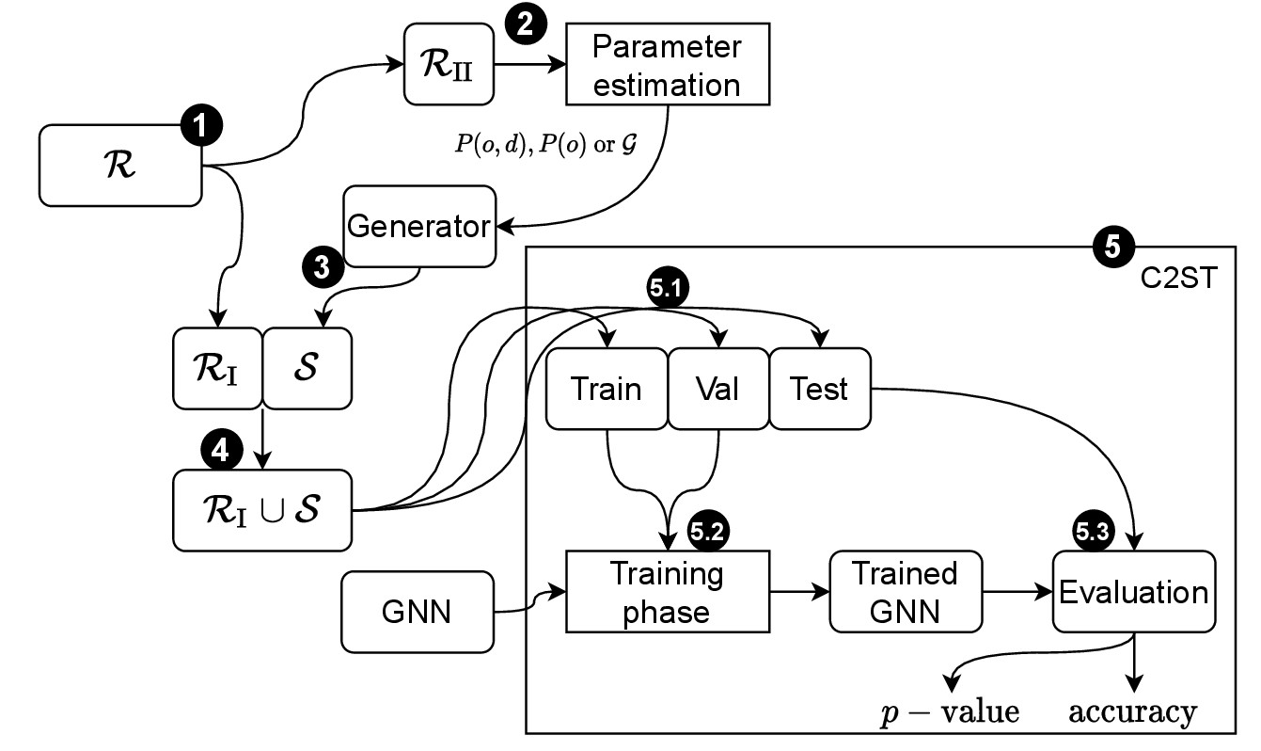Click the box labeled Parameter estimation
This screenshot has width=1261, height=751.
coord(668,67)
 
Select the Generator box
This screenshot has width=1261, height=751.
coord(419,226)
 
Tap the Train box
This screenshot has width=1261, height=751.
coord(607,389)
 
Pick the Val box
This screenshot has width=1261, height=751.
coord(717,389)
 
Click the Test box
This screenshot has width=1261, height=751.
coord(821,389)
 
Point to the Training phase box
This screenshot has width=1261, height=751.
coord(668,593)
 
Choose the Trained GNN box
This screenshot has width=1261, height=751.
coord(906,593)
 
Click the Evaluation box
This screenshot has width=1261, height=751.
coord(1133,593)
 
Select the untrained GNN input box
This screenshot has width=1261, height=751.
coord(417,612)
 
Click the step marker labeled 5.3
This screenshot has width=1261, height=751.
coord(1095,533)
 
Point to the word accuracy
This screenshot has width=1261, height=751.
coord(1133,712)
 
